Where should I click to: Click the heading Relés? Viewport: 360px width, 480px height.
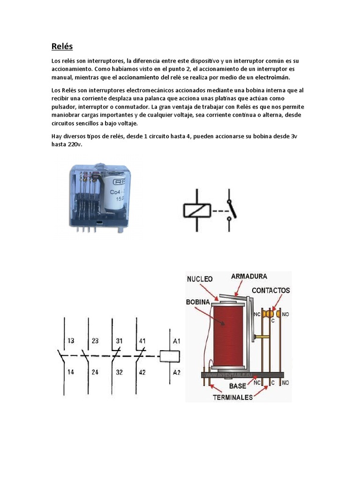pos(62,46)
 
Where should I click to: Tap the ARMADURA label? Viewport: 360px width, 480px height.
pos(249,277)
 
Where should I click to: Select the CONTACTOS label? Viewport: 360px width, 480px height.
pos(270,290)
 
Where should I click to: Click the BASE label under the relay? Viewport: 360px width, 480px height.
pos(238,387)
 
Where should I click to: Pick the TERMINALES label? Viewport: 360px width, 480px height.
pos(233,397)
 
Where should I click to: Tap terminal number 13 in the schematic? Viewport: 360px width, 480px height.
pos(70,341)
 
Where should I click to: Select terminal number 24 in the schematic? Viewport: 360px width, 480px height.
pos(95,373)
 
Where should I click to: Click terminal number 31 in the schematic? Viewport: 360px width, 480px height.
pos(120,341)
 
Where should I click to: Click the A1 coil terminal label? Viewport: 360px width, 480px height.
pos(176,341)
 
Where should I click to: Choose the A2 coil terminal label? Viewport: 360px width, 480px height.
pos(176,373)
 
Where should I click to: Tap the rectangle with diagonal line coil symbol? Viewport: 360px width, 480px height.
pos(196,210)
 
